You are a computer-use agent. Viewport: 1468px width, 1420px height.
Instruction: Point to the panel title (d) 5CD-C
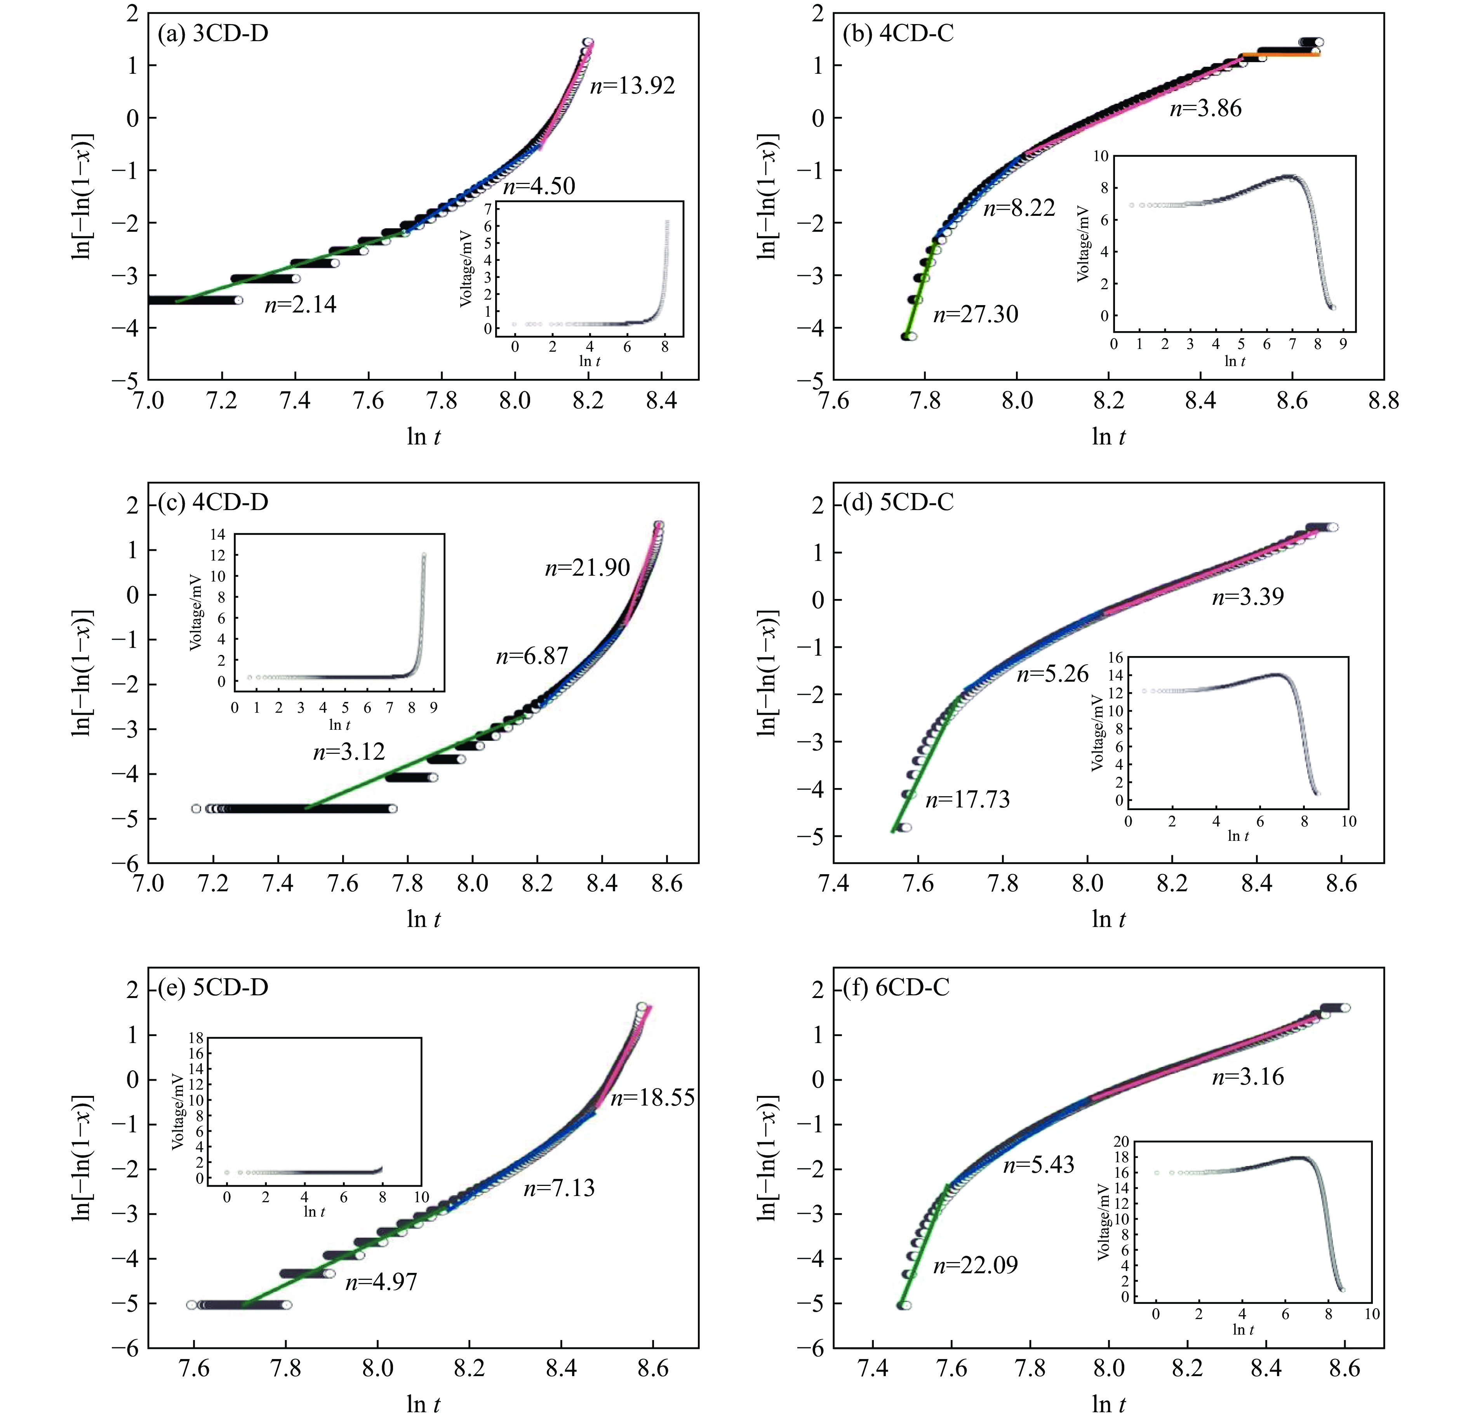tap(899, 502)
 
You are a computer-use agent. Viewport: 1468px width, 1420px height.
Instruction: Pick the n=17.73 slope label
tap(968, 800)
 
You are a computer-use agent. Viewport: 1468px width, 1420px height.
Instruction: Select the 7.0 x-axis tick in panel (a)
tap(149, 401)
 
